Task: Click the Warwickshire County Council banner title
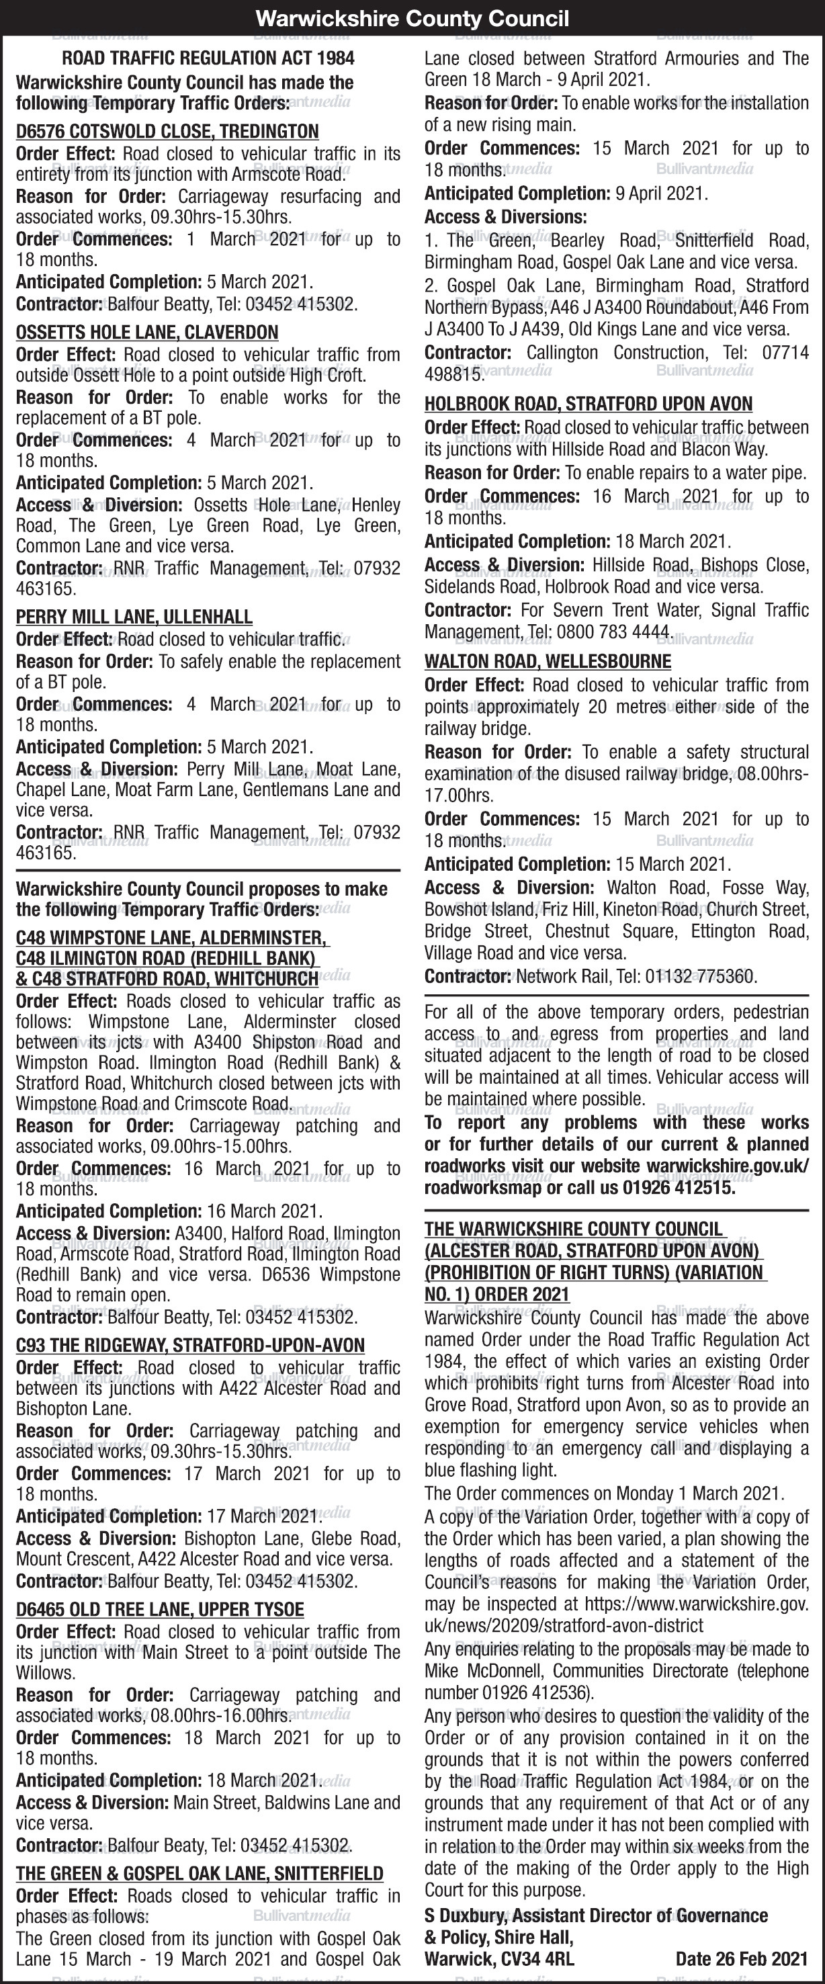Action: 412,19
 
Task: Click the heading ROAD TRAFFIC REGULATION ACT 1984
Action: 208,58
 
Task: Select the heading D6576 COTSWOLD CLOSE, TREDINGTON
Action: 167,132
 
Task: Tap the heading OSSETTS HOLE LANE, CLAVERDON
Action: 147,333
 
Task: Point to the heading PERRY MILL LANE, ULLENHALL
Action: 134,617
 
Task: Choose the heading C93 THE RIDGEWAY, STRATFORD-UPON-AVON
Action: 190,1346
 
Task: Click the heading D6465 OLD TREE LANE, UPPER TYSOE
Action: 160,1609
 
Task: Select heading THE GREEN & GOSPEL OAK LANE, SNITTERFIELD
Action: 200,1873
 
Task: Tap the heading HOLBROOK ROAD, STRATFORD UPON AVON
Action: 589,404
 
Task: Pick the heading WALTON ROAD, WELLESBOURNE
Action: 548,662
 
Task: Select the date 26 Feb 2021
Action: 741,1958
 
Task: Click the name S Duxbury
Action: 466,1915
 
